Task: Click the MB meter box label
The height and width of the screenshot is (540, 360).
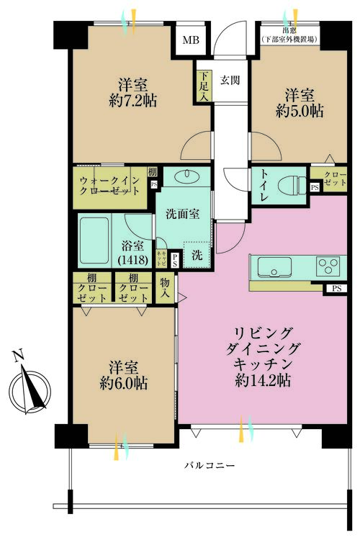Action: point(190,40)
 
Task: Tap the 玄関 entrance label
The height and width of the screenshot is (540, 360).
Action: point(230,79)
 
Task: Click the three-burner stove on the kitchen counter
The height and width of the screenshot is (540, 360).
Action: point(329,267)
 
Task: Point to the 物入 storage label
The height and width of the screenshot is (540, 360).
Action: point(166,288)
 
